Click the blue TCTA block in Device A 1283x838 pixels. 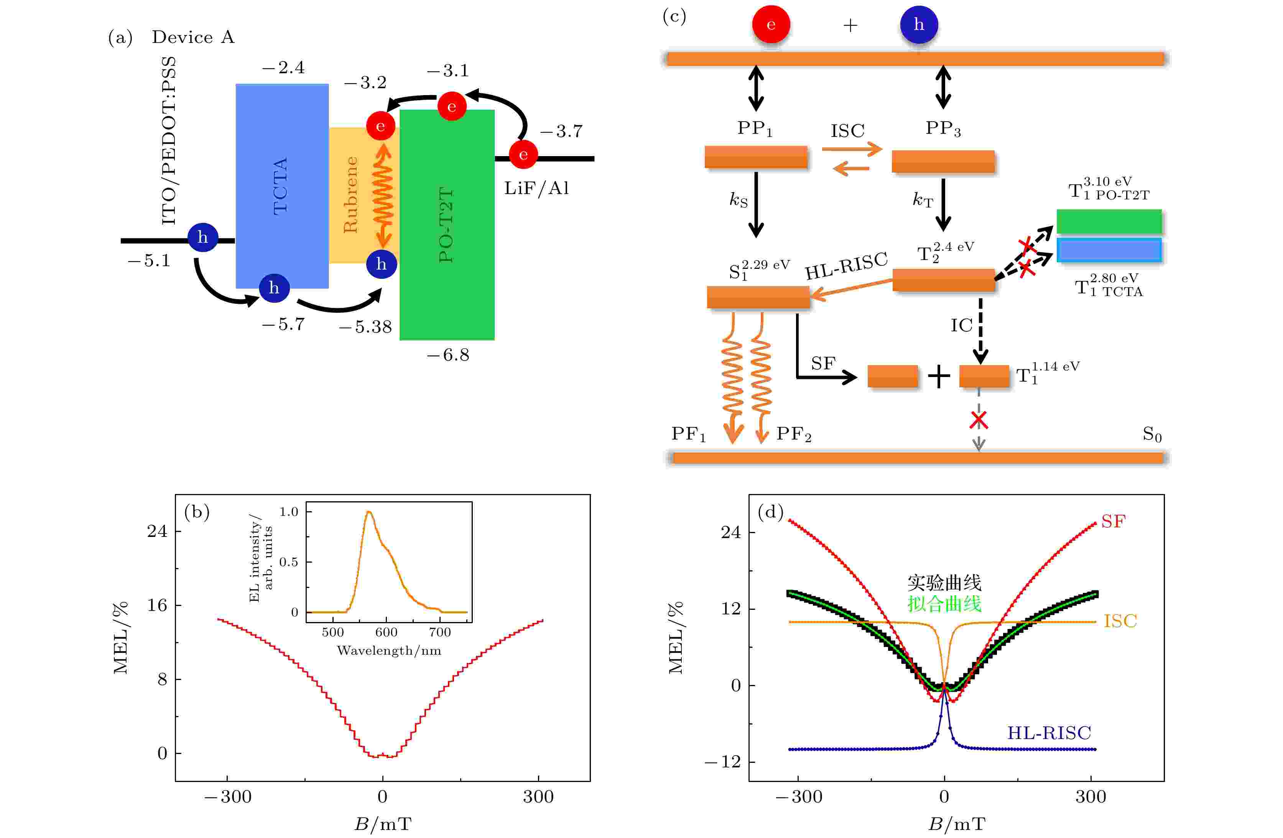coord(282,186)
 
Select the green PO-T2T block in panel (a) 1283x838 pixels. coord(447,225)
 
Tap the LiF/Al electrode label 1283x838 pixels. coord(536,188)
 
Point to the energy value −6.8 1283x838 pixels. coord(448,355)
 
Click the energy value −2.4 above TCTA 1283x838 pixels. coord(283,68)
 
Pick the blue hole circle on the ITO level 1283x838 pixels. coord(203,237)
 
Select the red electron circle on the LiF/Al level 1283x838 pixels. coord(523,155)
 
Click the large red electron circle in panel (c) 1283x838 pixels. coord(771,24)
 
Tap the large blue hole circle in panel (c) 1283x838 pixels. coord(919,24)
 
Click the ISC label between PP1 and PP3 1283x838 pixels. coord(847,130)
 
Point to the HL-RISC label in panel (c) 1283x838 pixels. coord(846,266)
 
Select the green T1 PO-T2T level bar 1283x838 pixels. coord(1109,222)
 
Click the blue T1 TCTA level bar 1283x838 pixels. coord(1109,250)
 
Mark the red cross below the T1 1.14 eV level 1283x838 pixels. coord(979,420)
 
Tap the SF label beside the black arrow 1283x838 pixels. coord(823,364)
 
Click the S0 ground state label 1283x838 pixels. coord(1152,435)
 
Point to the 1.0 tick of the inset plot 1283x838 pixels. coord(289,512)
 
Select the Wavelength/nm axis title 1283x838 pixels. coord(389,651)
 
